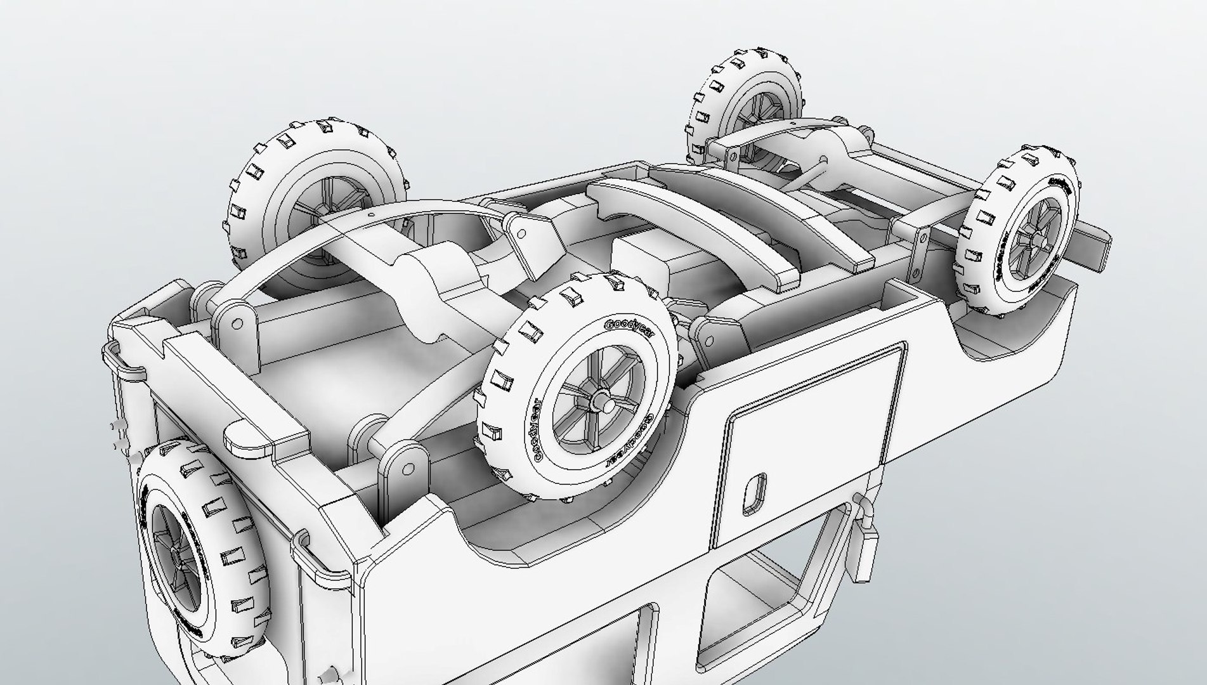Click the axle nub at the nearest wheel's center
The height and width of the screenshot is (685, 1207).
point(600,403)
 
